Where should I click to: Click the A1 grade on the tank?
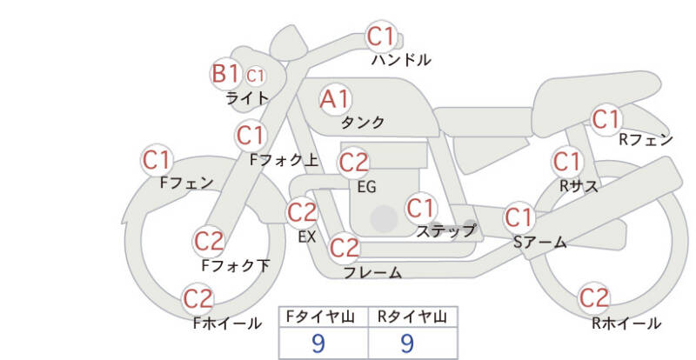(335, 99)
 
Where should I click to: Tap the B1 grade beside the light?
(226, 74)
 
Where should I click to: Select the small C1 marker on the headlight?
(255, 76)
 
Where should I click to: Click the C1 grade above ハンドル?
(380, 37)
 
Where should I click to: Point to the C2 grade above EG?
(354, 163)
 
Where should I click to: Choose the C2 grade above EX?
(302, 212)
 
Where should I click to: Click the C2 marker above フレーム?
(344, 248)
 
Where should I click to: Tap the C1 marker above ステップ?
(420, 208)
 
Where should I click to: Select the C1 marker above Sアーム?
(518, 217)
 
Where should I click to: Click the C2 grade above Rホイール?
(593, 297)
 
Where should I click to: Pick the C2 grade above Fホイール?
(198, 299)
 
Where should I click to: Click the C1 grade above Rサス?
(566, 162)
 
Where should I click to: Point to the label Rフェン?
(646, 140)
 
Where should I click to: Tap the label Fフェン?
(186, 183)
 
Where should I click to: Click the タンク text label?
(362, 122)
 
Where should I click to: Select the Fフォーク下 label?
(235, 265)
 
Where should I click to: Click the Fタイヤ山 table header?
(320, 317)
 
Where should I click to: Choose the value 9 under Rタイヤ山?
(407, 343)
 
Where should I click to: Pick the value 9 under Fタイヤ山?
(318, 343)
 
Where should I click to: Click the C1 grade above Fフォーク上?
(251, 135)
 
